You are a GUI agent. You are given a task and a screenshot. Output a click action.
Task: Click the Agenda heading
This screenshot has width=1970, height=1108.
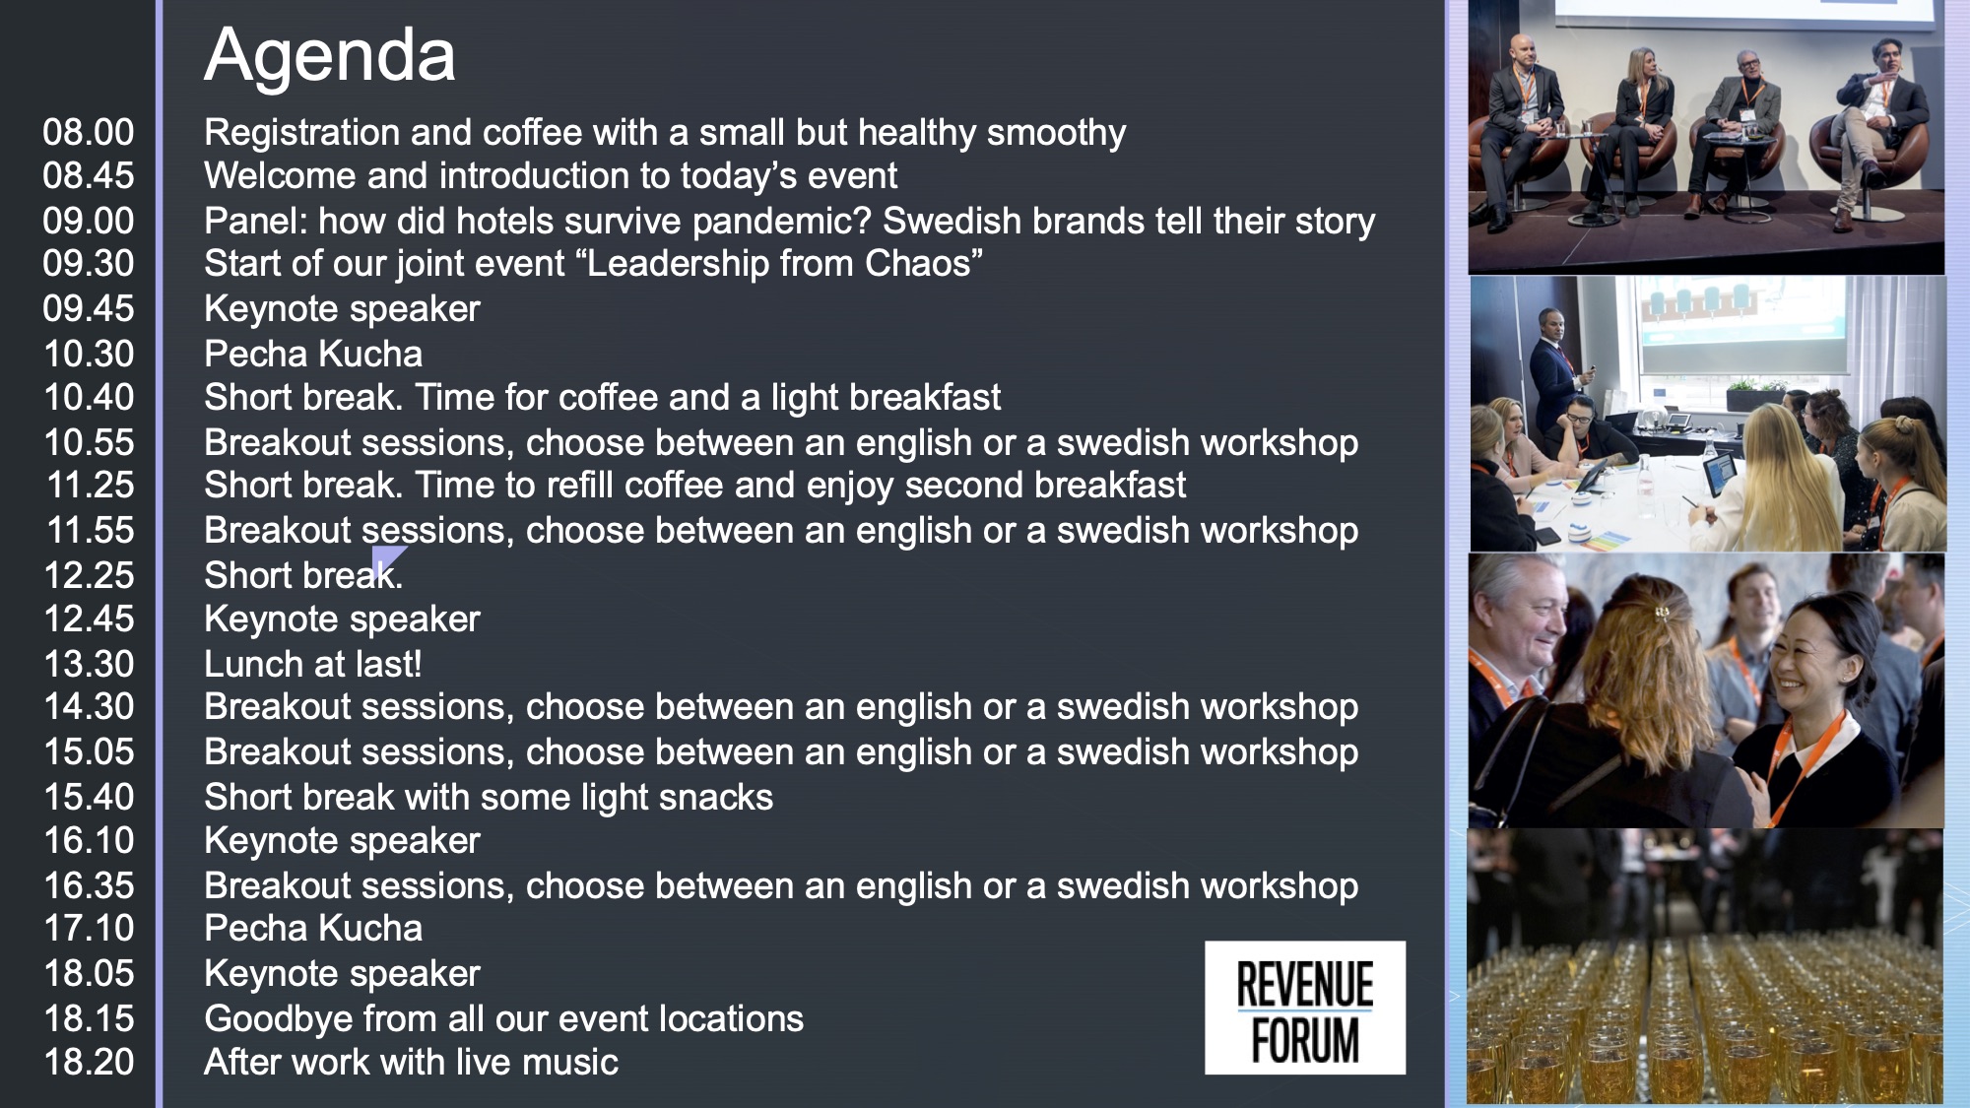click(x=330, y=56)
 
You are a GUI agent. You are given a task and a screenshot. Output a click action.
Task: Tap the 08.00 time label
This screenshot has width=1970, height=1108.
click(x=89, y=132)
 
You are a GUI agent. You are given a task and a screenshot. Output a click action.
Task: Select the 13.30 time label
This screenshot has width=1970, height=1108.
click(x=89, y=664)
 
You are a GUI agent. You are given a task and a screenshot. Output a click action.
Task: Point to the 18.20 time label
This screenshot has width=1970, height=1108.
click(x=89, y=1062)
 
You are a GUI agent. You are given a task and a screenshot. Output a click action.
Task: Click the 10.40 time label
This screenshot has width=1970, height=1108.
click(x=89, y=397)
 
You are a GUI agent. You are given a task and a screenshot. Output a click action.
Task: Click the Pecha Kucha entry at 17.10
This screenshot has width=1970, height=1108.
click(x=313, y=928)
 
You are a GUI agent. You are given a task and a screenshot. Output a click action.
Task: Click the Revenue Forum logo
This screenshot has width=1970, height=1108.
click(x=1305, y=1008)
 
